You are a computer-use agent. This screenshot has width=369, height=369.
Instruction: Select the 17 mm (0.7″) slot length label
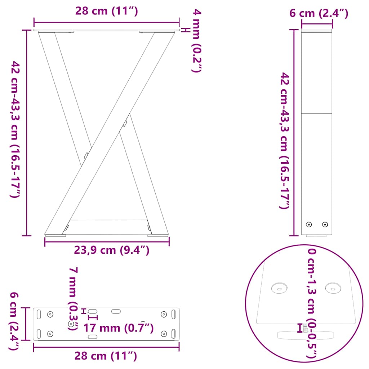coord(119,328)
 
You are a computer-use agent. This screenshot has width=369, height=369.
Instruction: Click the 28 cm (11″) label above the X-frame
coord(107,11)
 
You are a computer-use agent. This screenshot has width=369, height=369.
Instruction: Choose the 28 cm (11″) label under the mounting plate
coord(106,356)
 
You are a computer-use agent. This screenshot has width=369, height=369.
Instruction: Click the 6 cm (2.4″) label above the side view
coord(319,14)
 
